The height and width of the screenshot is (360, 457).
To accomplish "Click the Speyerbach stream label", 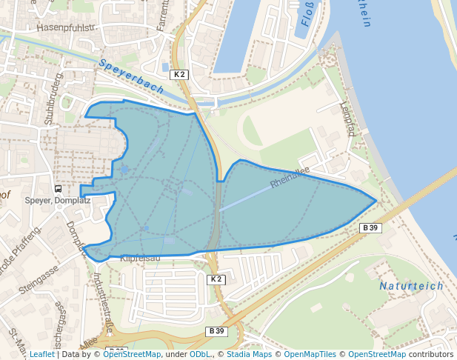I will [131, 76].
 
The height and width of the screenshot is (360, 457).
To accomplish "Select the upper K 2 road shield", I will [179, 74].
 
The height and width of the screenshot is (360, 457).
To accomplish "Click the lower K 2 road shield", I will [215, 279].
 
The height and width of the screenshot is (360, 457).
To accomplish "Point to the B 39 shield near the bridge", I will [370, 227].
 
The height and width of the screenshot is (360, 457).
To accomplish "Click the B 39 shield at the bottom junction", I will [216, 330].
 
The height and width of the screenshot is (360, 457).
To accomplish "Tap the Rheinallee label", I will [290, 177].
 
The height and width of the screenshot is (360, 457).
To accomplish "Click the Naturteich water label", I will [411, 286].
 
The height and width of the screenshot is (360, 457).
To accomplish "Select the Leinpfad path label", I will [347, 119].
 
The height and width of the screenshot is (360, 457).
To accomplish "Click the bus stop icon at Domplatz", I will [58, 188].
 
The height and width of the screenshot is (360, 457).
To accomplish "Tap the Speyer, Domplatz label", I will [58, 200].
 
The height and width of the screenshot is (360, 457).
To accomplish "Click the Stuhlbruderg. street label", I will [53, 99].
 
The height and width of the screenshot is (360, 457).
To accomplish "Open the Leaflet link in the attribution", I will [41, 354].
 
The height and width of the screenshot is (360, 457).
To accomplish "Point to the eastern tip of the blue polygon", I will [377, 200].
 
